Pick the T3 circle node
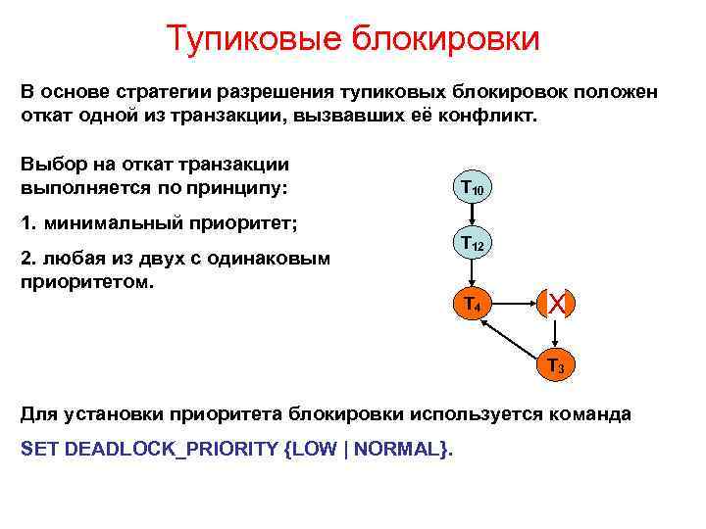pos(555,364)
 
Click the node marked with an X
pos(555,304)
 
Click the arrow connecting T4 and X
pos(511,304)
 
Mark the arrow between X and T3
pos(555,335)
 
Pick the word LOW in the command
pos(314,449)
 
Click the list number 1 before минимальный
pos(26,223)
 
